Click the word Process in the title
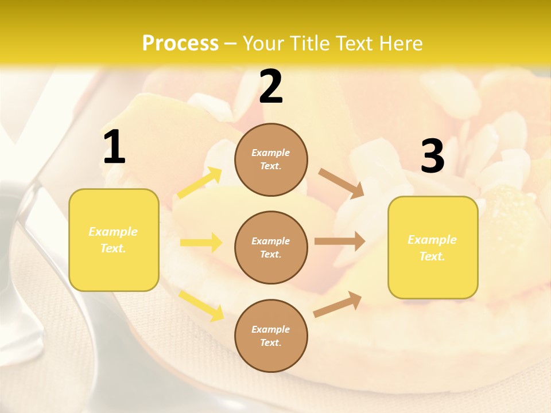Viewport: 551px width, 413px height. (180, 44)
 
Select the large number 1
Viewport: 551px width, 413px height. (114, 147)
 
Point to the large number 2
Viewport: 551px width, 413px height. (271, 87)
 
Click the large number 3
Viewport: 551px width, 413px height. (432, 156)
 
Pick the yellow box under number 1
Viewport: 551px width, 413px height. (114, 240)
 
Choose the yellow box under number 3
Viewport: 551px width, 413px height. (433, 248)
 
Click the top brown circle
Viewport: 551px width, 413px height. (271, 159)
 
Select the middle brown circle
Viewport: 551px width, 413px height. (271, 248)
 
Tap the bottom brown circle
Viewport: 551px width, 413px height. (271, 336)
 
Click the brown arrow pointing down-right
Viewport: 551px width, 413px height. (342, 184)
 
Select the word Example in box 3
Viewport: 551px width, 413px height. (432, 240)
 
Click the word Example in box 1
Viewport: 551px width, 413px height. (113, 232)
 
